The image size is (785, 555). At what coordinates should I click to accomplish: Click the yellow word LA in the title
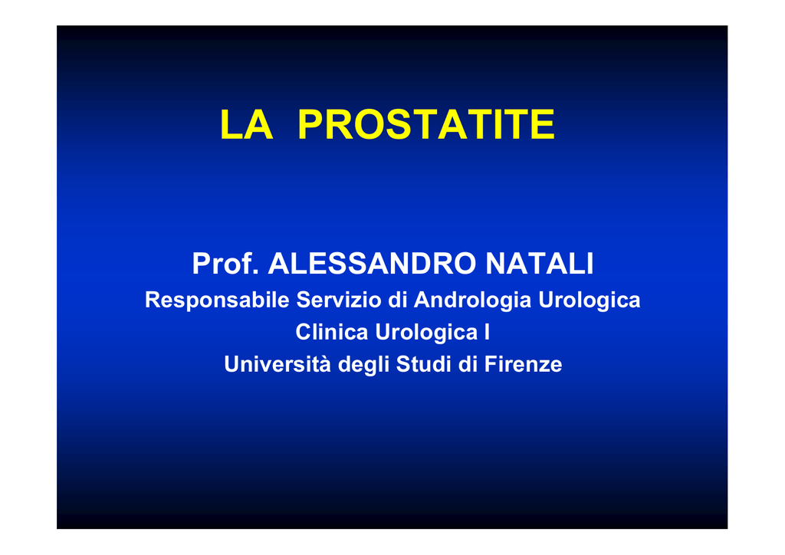click(x=246, y=125)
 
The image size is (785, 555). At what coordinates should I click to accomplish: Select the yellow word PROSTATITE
click(x=426, y=125)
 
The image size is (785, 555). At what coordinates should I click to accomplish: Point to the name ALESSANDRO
click(x=372, y=264)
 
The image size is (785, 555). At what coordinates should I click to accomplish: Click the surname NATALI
click(x=540, y=264)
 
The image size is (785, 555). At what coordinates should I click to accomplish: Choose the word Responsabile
click(x=217, y=300)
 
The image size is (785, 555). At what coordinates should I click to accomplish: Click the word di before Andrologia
click(x=398, y=300)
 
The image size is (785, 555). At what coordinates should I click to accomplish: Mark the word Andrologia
click(x=472, y=300)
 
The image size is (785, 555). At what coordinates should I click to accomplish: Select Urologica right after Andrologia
click(x=590, y=300)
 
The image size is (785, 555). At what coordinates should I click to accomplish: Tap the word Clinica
click(x=331, y=332)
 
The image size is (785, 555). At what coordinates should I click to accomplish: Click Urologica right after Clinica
click(x=426, y=333)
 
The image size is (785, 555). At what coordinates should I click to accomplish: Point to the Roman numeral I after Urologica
click(x=487, y=332)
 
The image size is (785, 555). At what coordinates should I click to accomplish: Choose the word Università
click(x=278, y=364)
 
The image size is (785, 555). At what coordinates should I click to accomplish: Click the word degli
click(x=363, y=365)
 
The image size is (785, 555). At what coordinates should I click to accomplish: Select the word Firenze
click(x=523, y=364)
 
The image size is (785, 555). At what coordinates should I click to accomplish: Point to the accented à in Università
click(x=325, y=365)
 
